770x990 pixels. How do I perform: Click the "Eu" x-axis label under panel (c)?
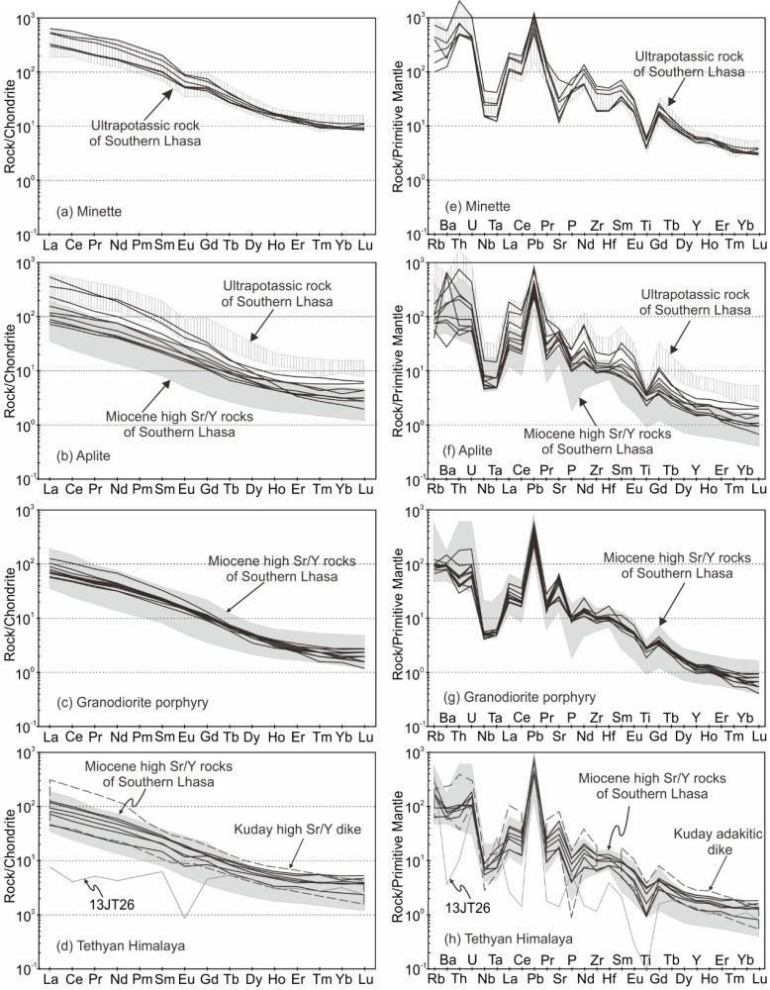(184, 736)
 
